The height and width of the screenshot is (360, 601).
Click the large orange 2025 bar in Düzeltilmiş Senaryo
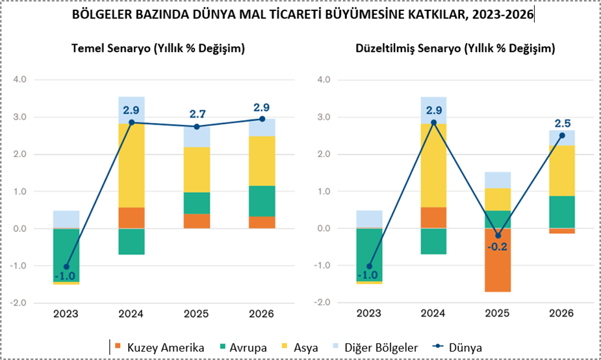(x=497, y=260)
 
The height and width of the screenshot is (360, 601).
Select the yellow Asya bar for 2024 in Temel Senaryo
(x=131, y=165)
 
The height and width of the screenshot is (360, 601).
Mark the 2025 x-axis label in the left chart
(x=197, y=314)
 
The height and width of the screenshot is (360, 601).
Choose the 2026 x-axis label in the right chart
(x=562, y=314)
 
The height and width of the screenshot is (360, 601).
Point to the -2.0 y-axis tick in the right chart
(x=324, y=303)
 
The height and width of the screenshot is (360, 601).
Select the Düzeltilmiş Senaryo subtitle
(x=455, y=49)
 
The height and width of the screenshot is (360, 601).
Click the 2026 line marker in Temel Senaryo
(x=262, y=119)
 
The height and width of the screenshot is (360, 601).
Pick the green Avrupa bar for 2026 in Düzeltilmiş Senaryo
(x=562, y=212)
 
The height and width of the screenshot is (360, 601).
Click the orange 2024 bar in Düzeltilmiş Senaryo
(x=432, y=218)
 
